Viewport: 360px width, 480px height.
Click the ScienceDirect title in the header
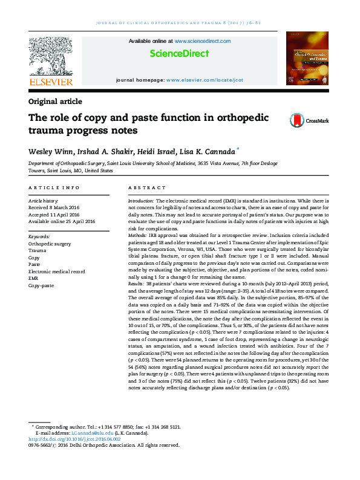pos(179,54)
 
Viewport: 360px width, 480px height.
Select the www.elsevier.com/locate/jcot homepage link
pos(205,80)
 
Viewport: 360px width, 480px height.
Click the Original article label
pos(55,102)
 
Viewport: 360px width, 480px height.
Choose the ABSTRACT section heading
pos(143,189)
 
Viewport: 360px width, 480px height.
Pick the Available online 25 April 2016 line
pos(62,221)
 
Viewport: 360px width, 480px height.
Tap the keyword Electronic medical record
pos(57,271)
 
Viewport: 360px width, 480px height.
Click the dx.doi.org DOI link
pos(81,439)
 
